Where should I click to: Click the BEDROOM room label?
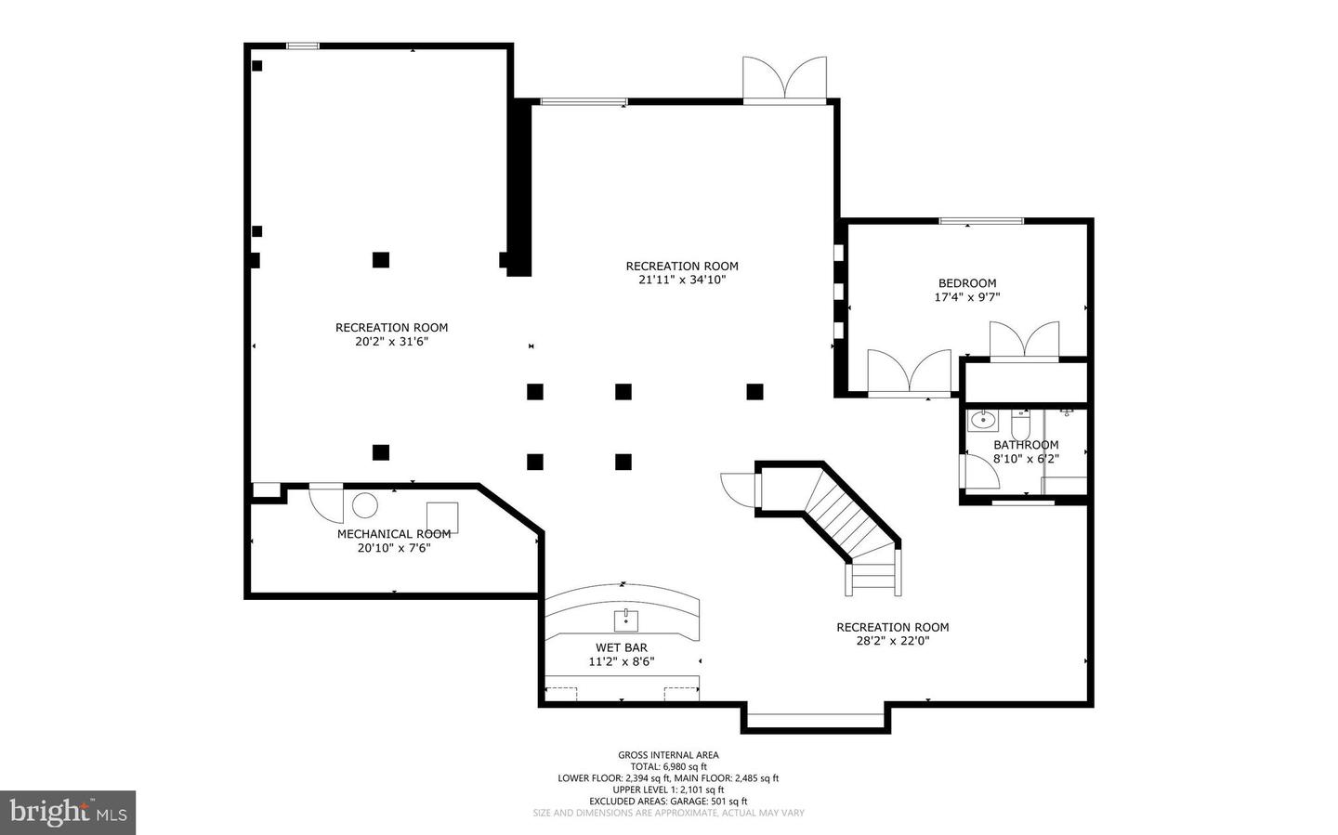967,283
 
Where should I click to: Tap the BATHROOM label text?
1026,445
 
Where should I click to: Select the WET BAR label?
622,647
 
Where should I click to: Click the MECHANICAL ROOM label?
394,534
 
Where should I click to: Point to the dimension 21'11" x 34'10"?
682,280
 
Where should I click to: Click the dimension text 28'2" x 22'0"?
892,641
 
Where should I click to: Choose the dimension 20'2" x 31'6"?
391,342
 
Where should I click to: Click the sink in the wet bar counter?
626,620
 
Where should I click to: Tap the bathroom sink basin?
982,420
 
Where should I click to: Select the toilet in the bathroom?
1020,424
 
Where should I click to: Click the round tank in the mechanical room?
364,506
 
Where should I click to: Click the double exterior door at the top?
785,80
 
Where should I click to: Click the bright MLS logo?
68,813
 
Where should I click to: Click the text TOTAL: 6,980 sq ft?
668,766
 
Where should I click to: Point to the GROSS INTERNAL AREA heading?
668,755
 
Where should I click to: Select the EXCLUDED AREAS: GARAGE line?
668,802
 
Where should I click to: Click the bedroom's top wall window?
981,222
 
